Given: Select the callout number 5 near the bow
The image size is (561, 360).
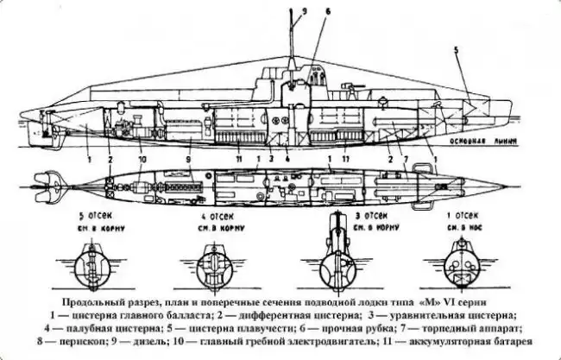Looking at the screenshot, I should pos(457,51).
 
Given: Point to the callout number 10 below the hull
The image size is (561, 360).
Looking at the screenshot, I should pos(142,159).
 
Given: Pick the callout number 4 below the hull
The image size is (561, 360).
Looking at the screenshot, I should pos(288,160).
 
